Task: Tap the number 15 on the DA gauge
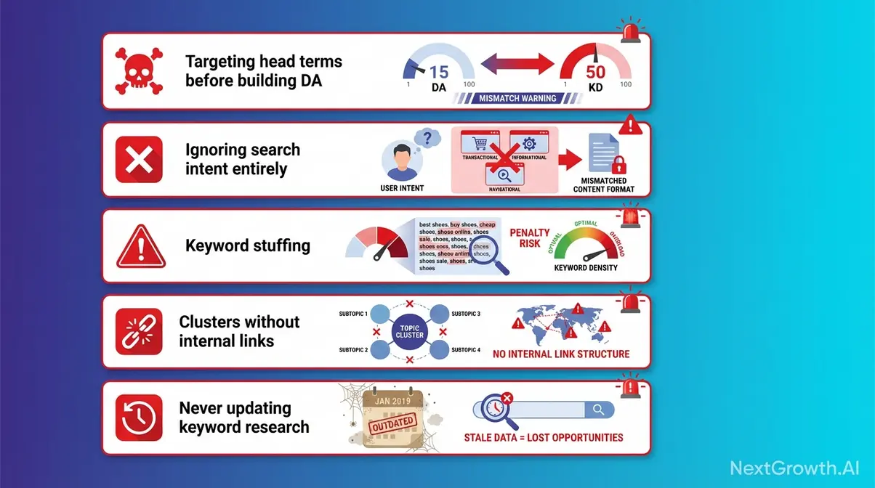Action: pyautogui.click(x=438, y=72)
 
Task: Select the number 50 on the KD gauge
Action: pyautogui.click(x=595, y=73)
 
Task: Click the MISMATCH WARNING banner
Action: pyautogui.click(x=517, y=98)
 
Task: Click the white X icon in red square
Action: pyautogui.click(x=138, y=159)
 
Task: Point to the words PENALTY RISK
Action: pyautogui.click(x=530, y=238)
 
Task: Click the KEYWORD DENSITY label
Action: pyautogui.click(x=586, y=268)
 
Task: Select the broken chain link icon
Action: pyautogui.click(x=138, y=331)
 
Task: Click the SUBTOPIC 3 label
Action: pyautogui.click(x=466, y=314)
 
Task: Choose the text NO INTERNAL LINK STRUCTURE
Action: pyautogui.click(x=560, y=354)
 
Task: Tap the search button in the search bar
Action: pyautogui.click(x=598, y=410)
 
